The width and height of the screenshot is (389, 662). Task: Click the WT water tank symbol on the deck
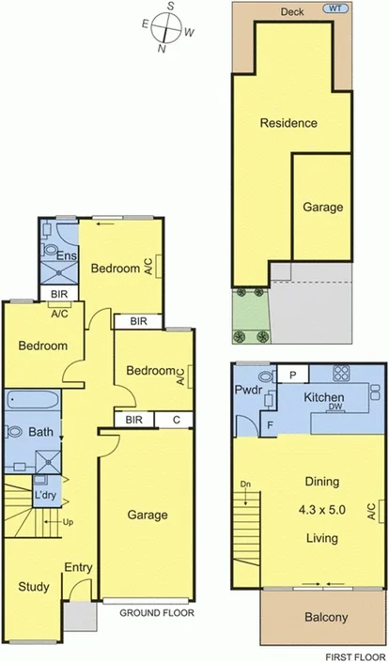point(335,8)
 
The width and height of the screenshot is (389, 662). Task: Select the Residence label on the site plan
point(288,123)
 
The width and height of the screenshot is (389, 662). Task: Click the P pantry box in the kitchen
point(293,375)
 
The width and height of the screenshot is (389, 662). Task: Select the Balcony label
point(301,617)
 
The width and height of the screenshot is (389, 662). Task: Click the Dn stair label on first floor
point(245,485)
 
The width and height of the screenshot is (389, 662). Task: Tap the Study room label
point(33,588)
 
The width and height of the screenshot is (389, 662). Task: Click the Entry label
point(78,567)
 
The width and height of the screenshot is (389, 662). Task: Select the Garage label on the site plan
point(322,208)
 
